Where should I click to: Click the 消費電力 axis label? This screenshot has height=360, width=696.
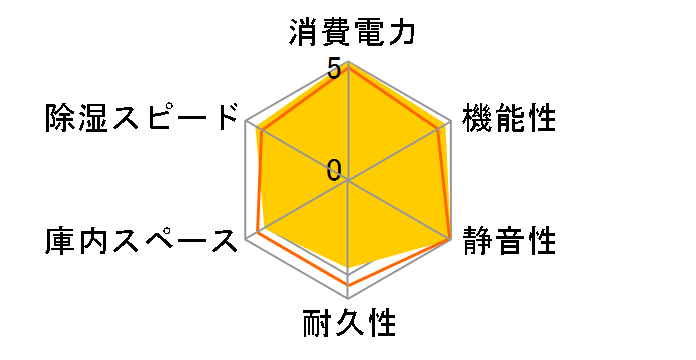(x=349, y=34)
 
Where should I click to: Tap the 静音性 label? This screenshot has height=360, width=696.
(x=508, y=241)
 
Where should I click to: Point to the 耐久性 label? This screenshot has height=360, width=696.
(x=349, y=325)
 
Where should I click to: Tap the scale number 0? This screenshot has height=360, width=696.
(x=334, y=170)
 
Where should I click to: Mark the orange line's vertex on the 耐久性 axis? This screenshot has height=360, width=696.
(x=348, y=284)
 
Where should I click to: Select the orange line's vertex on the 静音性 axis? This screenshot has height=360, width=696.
(x=450, y=240)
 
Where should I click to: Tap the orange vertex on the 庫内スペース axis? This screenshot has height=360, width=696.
(x=257, y=233)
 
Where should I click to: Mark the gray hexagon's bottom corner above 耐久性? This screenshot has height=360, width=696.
(x=348, y=299)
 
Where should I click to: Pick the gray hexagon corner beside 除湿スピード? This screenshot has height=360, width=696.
(x=246, y=122)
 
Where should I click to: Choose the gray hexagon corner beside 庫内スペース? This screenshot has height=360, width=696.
(x=246, y=240)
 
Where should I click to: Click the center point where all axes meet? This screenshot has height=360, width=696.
(x=348, y=181)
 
